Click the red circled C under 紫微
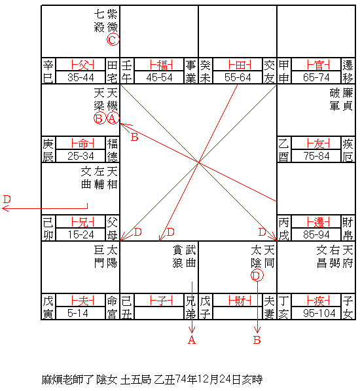click(113, 40)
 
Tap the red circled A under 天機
click(113, 118)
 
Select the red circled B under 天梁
click(99, 118)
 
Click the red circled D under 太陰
click(257, 276)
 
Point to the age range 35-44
click(81, 77)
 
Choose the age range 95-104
click(319, 313)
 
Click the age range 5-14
click(77, 313)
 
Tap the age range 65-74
click(316, 77)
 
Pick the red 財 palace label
click(240, 301)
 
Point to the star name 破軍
click(334, 100)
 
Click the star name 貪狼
click(177, 257)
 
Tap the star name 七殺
click(99, 21)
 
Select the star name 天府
click(348, 257)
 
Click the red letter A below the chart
click(192, 340)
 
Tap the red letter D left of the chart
click(7, 199)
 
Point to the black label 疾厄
click(348, 150)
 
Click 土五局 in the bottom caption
click(135, 380)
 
